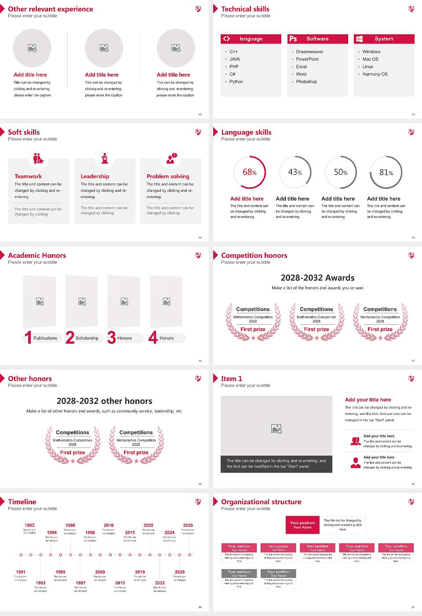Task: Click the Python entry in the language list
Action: point(236,82)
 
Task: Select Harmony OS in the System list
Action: point(375,74)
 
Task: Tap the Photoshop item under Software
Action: point(306,82)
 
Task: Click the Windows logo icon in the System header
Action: point(359,39)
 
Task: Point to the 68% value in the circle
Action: point(250,172)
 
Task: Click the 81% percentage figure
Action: point(386,172)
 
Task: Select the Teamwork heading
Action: point(28,176)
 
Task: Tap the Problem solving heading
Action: point(168,176)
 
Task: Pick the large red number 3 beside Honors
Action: point(112,337)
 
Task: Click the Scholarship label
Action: point(87,338)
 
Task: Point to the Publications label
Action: point(45,338)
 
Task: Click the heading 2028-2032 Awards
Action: point(317,278)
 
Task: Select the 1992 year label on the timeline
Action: point(29,525)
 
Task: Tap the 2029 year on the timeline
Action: point(188,525)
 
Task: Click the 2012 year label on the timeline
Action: point(120,583)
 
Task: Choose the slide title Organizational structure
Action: point(261,502)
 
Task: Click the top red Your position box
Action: point(302,525)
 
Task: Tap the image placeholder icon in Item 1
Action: point(276,429)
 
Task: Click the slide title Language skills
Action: point(246,132)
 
